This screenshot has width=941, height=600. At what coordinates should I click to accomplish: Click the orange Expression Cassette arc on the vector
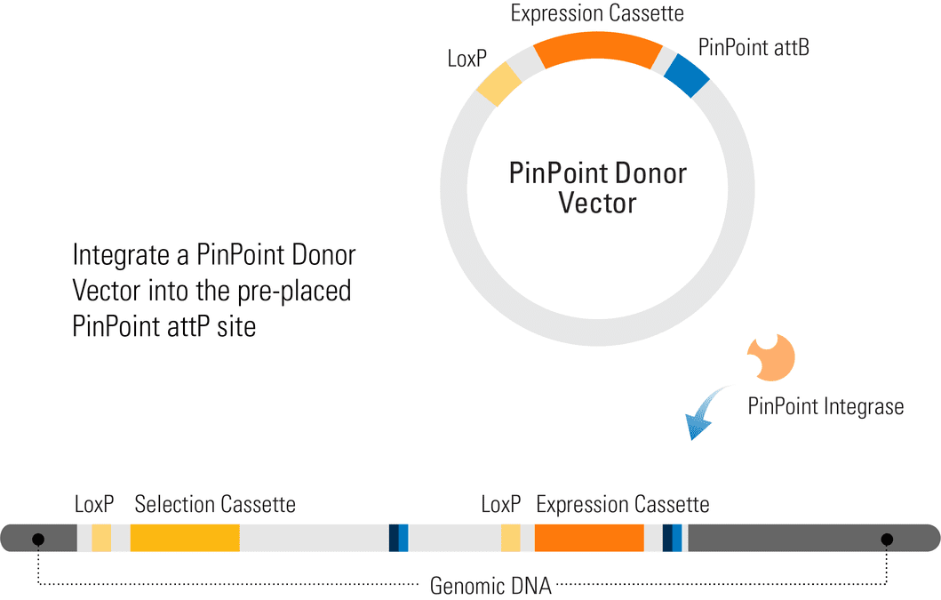(x=598, y=47)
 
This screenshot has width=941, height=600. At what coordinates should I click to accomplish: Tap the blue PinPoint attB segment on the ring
(x=687, y=75)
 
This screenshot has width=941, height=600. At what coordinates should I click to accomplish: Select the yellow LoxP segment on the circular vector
(x=498, y=84)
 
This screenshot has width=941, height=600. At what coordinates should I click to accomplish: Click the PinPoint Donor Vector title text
(x=597, y=188)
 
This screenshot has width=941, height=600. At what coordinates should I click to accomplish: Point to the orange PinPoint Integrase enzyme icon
(x=771, y=357)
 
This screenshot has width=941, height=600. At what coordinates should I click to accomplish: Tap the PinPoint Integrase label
(x=825, y=406)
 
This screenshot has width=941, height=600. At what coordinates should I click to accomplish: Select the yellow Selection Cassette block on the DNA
(x=185, y=538)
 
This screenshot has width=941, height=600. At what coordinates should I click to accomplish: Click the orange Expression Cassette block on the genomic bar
(x=589, y=538)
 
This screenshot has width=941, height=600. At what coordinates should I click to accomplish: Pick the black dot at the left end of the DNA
(x=38, y=540)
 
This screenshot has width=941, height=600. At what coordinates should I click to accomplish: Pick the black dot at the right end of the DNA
(x=887, y=540)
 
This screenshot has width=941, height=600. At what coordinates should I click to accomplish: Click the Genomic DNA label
(x=490, y=586)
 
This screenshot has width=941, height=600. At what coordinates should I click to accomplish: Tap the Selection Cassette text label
(x=215, y=505)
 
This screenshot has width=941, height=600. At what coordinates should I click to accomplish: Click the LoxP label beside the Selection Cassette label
(x=94, y=505)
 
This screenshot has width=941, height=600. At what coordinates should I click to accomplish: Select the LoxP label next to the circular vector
(x=467, y=59)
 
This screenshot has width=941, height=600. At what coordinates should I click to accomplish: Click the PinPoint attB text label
(x=754, y=47)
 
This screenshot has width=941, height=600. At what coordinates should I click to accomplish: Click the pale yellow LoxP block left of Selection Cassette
(x=101, y=538)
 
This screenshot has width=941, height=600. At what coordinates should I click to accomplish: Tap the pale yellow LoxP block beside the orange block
(x=511, y=538)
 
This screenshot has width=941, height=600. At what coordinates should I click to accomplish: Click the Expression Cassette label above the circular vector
(x=597, y=13)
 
